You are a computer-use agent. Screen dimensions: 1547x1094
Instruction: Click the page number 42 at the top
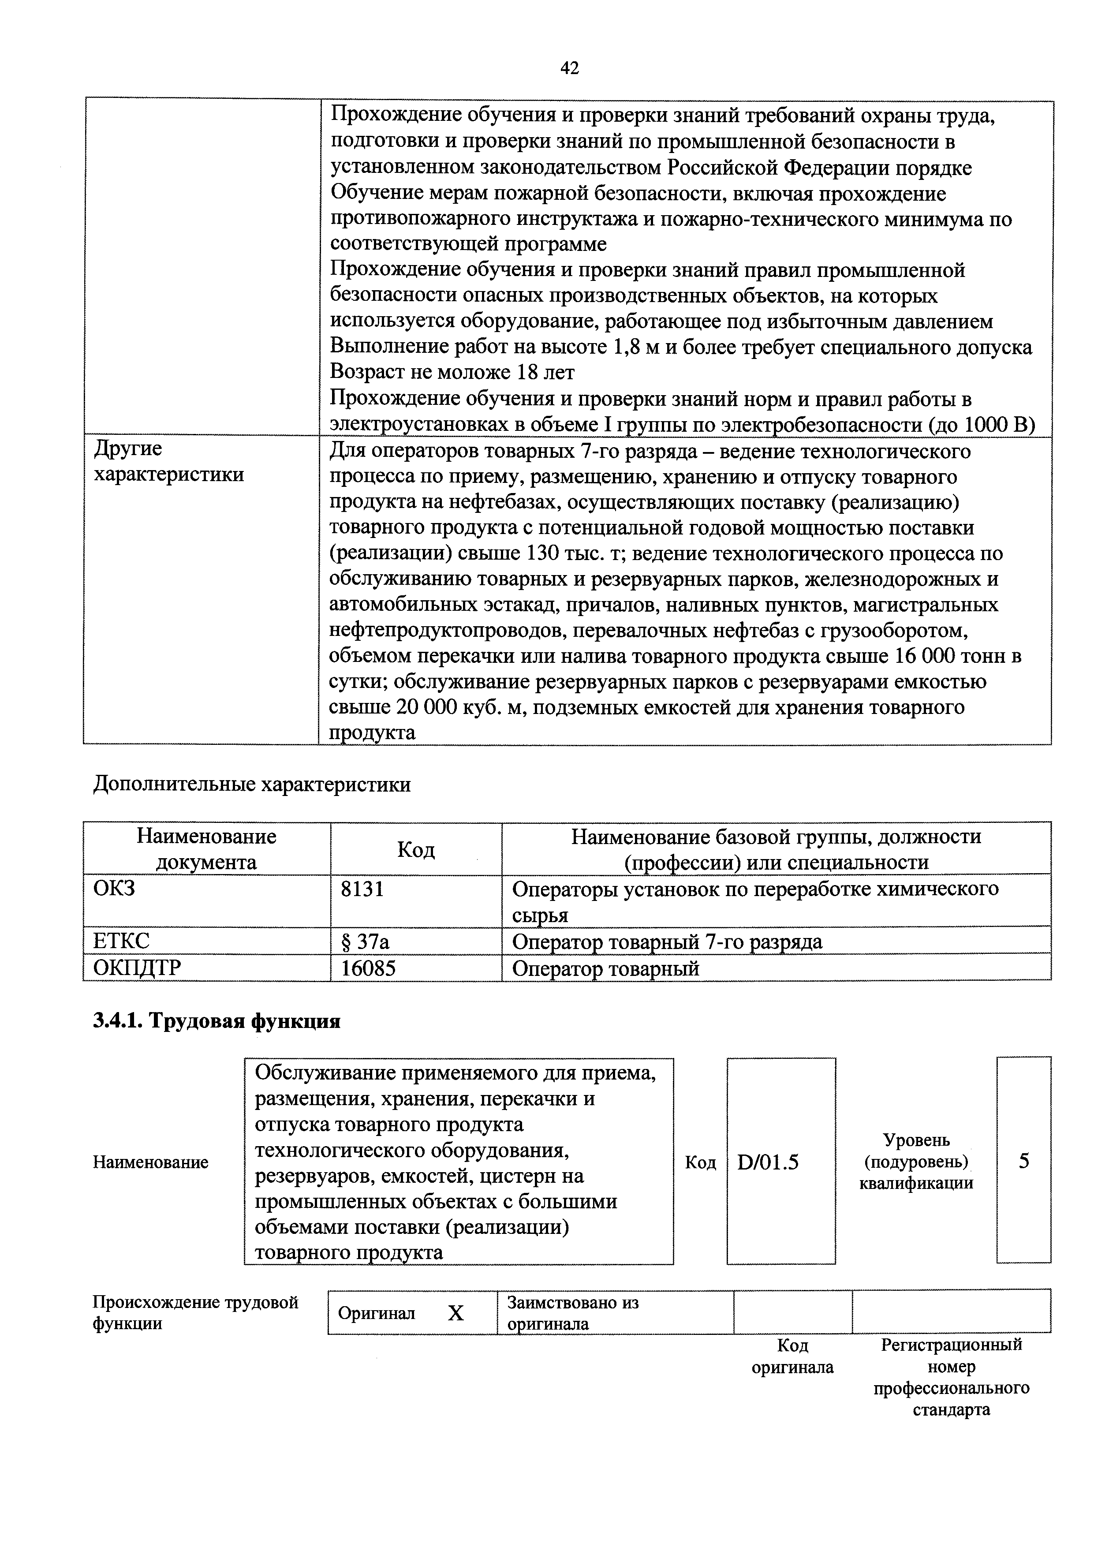coord(569,68)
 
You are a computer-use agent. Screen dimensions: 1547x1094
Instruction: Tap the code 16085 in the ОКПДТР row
coord(368,968)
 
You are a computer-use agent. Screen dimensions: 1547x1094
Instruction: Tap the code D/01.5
coord(768,1162)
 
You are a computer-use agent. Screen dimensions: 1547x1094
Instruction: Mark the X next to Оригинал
coord(456,1312)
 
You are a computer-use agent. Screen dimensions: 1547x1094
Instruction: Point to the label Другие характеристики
coord(168,462)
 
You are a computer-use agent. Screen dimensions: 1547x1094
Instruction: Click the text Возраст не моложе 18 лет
coord(452,373)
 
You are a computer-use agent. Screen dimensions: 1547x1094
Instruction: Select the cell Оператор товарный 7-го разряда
coord(667,941)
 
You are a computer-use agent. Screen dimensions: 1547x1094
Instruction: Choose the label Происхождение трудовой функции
coord(195,1312)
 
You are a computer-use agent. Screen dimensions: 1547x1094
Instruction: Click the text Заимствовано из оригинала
coord(573,1312)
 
